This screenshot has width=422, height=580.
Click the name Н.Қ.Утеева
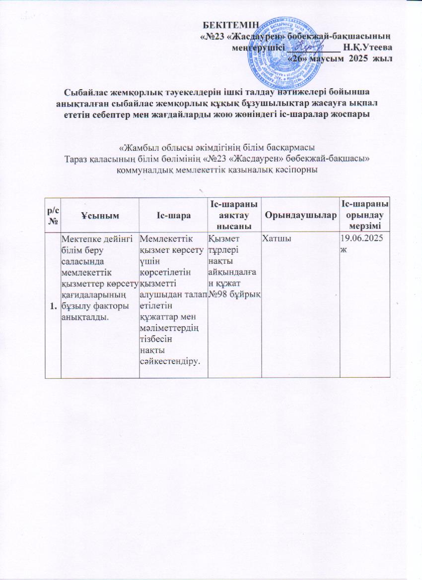click(368, 48)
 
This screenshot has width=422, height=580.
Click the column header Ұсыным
click(99, 214)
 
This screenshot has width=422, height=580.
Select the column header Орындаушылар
click(300, 214)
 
